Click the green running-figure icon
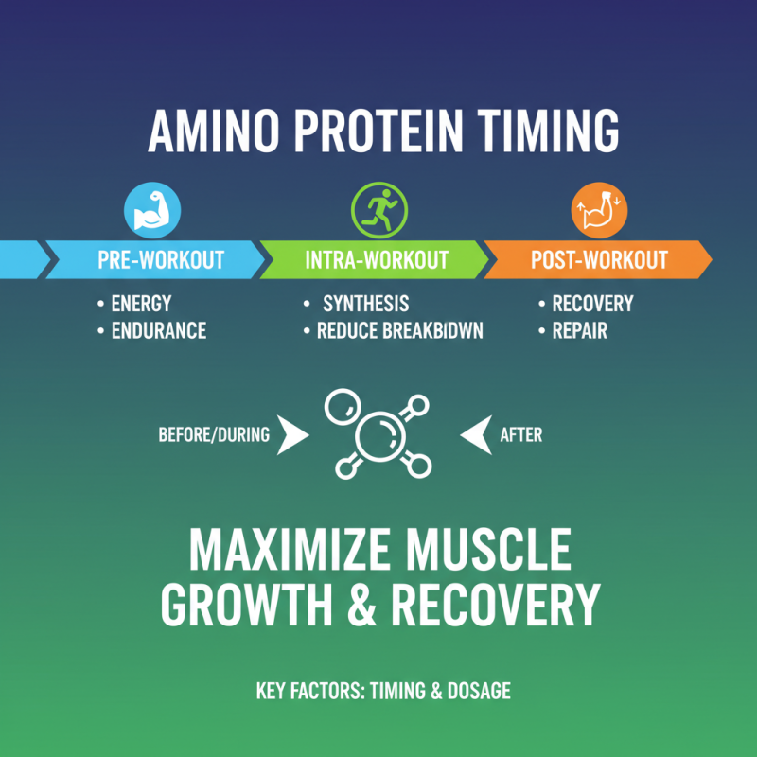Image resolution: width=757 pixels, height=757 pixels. tap(378, 210)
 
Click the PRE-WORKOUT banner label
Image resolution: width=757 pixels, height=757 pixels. tap(161, 259)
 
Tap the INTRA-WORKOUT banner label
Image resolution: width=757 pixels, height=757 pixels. tap(377, 259)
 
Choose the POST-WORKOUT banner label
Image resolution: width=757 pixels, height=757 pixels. tap(599, 259)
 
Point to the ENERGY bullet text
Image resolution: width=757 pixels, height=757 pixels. tap(141, 305)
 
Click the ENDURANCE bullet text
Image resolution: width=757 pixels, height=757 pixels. tap(158, 331)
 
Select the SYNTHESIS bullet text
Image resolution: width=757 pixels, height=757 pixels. tap(365, 305)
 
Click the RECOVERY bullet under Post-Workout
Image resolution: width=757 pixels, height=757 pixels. tap(592, 305)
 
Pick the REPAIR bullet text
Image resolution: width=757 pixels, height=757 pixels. tap(579, 331)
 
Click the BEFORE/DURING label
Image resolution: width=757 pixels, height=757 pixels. tap(213, 435)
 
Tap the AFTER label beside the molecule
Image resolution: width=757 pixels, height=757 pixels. tap(520, 435)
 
